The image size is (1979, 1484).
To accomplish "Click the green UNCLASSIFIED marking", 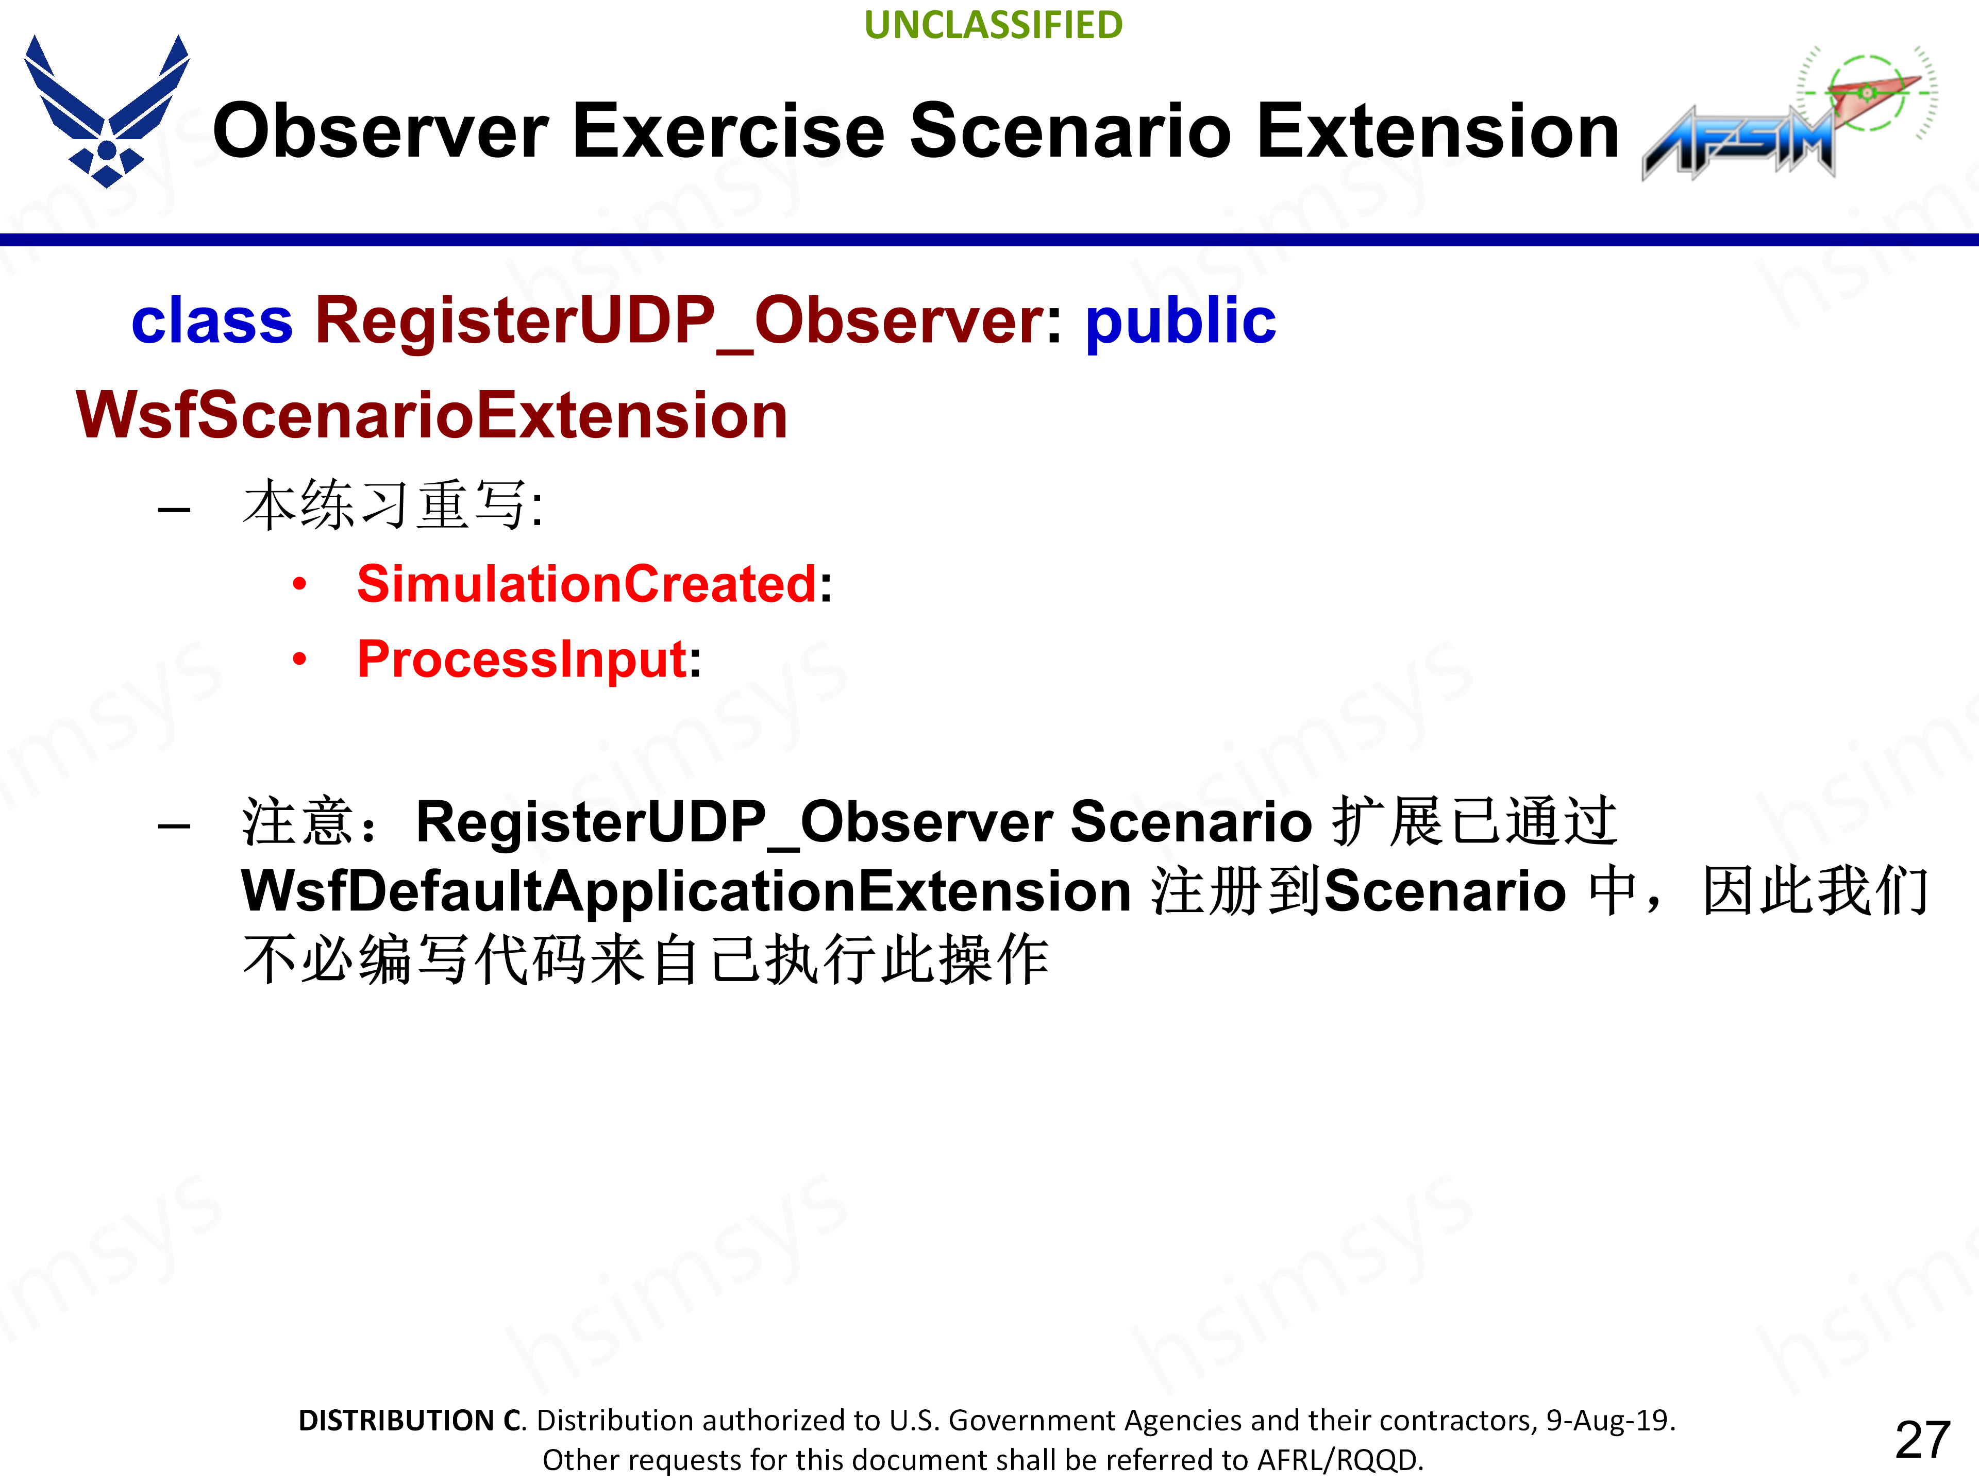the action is tap(993, 25).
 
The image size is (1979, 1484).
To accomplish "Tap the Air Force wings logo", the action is tap(107, 111).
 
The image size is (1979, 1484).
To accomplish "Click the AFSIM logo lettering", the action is tap(1738, 143).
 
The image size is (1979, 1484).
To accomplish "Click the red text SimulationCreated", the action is tap(587, 584).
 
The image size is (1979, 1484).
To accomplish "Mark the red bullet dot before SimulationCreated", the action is tap(300, 585).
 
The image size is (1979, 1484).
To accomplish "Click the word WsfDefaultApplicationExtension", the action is tap(687, 891).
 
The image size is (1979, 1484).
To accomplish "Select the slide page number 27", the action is tap(1923, 1440).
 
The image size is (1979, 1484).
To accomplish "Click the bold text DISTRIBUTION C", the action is tap(412, 1421).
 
